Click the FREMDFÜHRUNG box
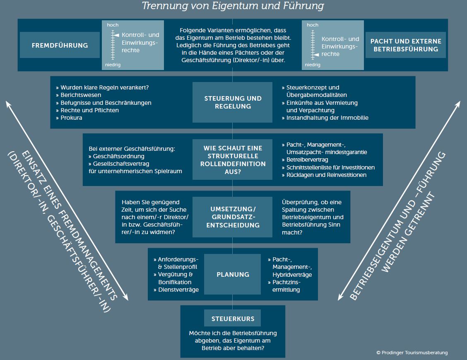click(60, 45)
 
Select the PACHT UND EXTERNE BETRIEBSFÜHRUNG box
click(406, 45)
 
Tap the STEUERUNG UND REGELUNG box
click(233, 102)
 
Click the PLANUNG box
click(233, 274)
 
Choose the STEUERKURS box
click(233, 319)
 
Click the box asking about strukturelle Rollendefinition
click(233, 159)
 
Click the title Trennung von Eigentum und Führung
click(233, 6)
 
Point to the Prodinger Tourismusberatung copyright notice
click(412, 353)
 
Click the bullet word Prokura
click(71, 118)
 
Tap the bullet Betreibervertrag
click(307, 159)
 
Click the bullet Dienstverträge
click(178, 290)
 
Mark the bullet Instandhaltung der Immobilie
click(327, 118)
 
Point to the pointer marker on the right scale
click(315, 54)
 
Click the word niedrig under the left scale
click(113, 65)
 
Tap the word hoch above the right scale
click(313, 25)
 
